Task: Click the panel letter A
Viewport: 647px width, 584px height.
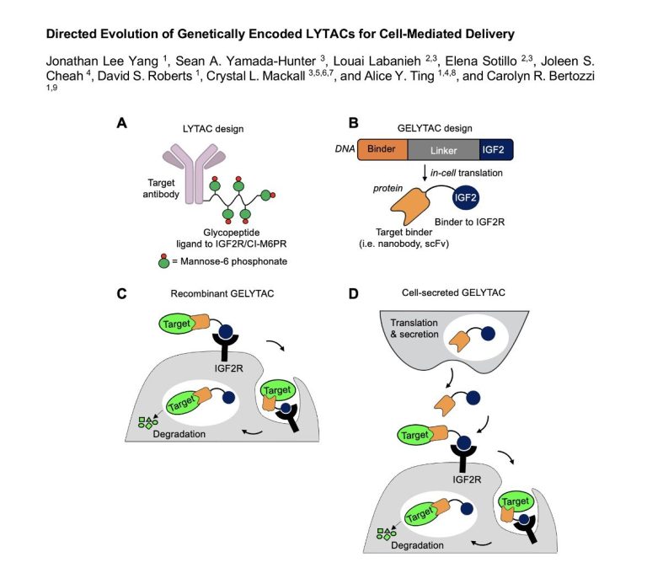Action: [x=121, y=123]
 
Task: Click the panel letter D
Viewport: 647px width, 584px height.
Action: [x=354, y=293]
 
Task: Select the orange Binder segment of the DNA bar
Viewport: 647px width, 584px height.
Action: [x=382, y=149]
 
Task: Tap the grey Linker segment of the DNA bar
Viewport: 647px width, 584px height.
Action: [x=444, y=149]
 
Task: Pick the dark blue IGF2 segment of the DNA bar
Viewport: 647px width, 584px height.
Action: [x=496, y=149]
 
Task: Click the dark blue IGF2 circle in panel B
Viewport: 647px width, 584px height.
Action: [x=465, y=197]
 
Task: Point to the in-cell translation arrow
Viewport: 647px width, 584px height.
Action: [x=425, y=173]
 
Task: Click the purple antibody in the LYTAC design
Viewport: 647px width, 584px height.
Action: [x=194, y=174]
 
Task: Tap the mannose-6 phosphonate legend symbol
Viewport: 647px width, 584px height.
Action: [x=163, y=261]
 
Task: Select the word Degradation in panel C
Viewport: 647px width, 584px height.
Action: [x=179, y=434]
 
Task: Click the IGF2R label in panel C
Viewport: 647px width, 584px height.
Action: [x=229, y=368]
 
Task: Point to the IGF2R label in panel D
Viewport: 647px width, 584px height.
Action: [x=467, y=480]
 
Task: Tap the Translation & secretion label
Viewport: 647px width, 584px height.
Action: [x=414, y=329]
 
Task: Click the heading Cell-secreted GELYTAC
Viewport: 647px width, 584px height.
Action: [x=453, y=292]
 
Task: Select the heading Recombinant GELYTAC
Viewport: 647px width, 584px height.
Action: [x=222, y=293]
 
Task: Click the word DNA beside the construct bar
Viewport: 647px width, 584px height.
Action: [x=345, y=148]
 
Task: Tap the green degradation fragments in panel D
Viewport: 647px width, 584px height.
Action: [x=386, y=534]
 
